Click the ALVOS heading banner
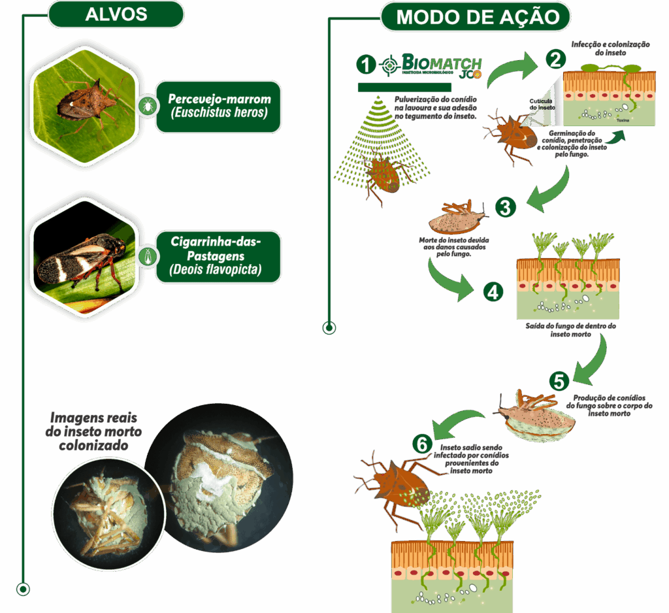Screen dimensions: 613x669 coord(116,14)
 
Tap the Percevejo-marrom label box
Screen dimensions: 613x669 coord(218,106)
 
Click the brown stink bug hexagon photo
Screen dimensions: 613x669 coord(86,101)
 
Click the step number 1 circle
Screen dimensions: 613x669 coord(367,65)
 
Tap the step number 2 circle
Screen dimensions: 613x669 coord(555,59)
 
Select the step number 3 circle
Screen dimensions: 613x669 coord(504,207)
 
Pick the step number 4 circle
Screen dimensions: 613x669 coord(493,291)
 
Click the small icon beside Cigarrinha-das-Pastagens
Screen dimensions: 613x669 coord(149,256)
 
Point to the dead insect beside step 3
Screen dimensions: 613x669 coord(456,218)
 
